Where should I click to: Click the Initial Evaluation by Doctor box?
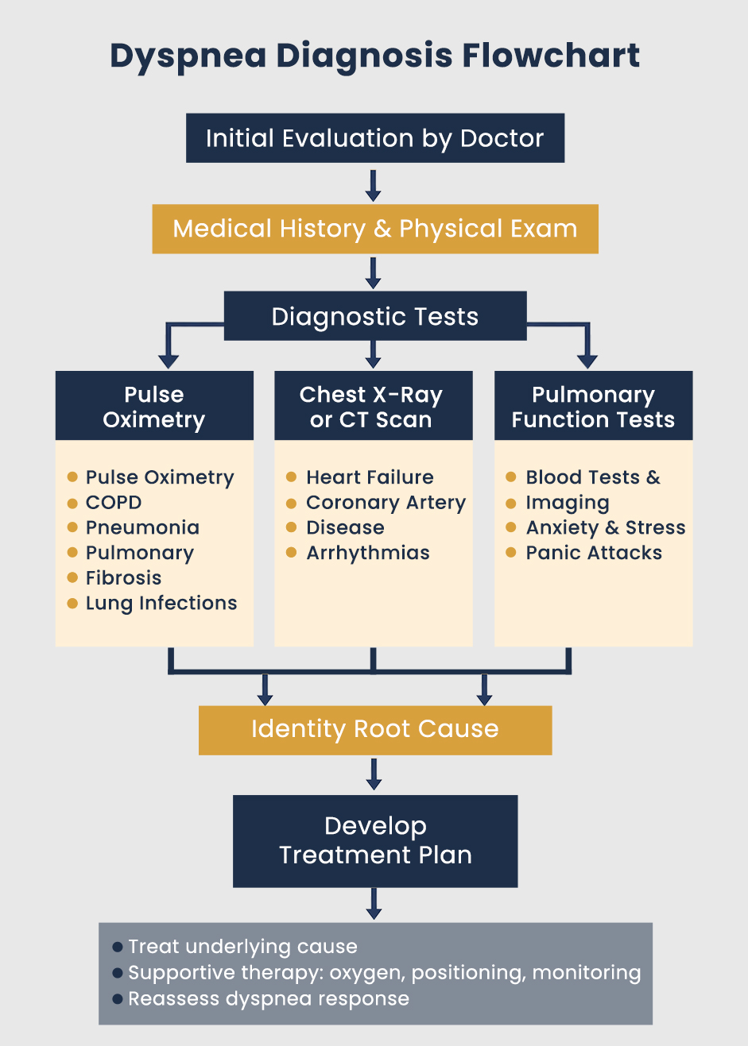point(374,138)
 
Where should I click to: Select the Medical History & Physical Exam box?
point(374,229)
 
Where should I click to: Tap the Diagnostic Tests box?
point(374,316)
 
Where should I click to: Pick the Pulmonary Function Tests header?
point(593,406)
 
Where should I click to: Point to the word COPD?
point(114,503)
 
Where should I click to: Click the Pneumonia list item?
point(142,527)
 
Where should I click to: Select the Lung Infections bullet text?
point(161,603)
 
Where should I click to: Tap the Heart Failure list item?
point(370,477)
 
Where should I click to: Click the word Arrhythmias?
point(368,553)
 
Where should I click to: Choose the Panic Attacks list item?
point(594,553)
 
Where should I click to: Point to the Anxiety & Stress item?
point(605,527)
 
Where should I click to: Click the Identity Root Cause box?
point(374,729)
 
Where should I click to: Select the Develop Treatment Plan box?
point(374,840)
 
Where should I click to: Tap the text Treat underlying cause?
point(242,947)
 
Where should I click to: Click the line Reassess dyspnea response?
point(269,999)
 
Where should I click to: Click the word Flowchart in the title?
point(551,56)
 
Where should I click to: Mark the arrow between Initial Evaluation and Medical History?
point(374,184)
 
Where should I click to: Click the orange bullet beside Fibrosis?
point(72,577)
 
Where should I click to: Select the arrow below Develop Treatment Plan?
point(374,904)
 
